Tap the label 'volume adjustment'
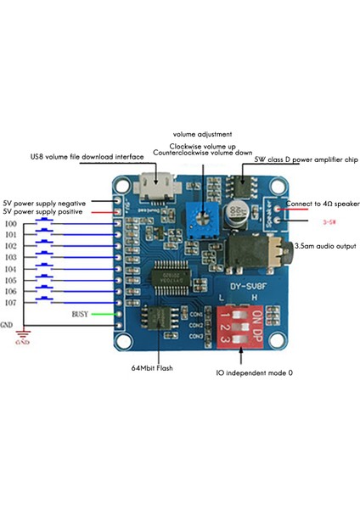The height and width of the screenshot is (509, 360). click(x=202, y=134)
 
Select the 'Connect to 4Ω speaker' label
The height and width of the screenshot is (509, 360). click(x=323, y=204)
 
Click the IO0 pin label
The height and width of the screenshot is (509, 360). click(x=10, y=224)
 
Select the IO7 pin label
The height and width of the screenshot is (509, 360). click(x=10, y=302)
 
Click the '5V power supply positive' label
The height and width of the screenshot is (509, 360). click(x=42, y=212)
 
